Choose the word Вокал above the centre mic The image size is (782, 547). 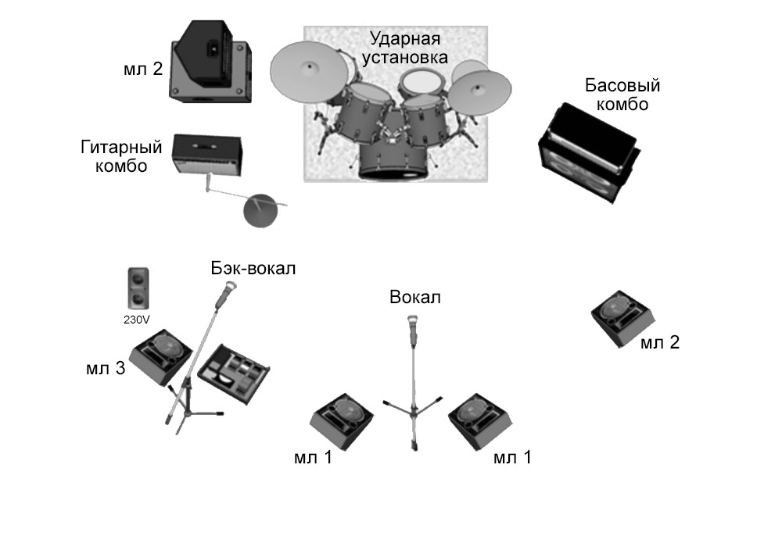point(415,298)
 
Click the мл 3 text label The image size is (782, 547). point(106,368)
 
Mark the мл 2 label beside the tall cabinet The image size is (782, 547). point(143,69)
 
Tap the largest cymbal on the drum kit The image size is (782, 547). point(310,70)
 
